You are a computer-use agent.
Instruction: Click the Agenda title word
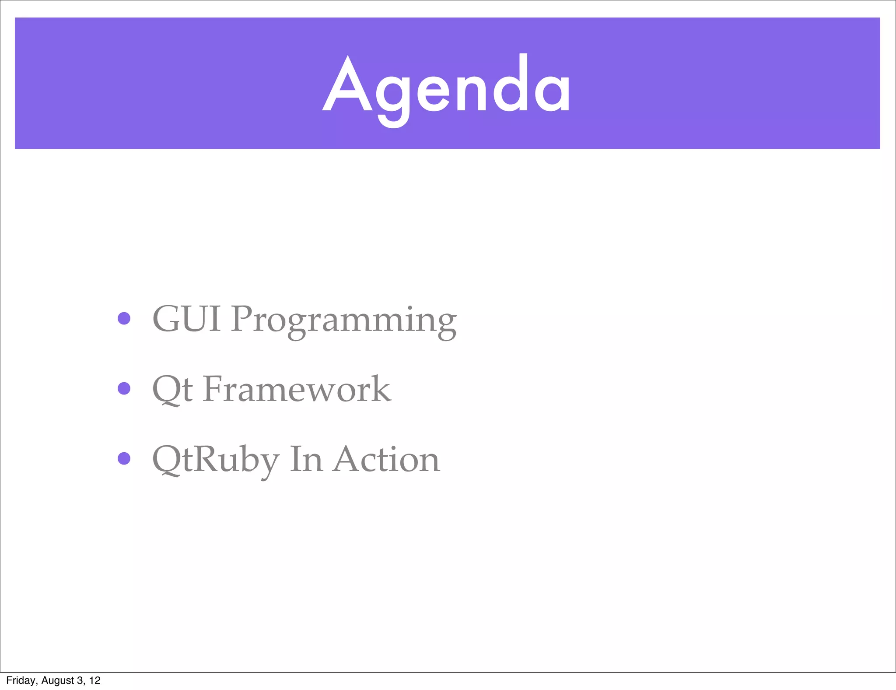point(446,85)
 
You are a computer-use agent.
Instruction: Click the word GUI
point(186,319)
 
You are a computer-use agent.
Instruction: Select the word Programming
point(343,320)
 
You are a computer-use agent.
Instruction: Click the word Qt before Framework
point(172,389)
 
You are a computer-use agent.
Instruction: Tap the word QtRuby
point(215,460)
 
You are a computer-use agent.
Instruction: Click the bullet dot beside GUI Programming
point(124,318)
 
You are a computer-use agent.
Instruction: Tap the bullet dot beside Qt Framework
point(124,388)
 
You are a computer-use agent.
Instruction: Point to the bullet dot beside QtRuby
point(124,458)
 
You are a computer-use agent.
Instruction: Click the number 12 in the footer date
point(94,680)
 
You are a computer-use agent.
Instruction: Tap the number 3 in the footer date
point(80,680)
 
